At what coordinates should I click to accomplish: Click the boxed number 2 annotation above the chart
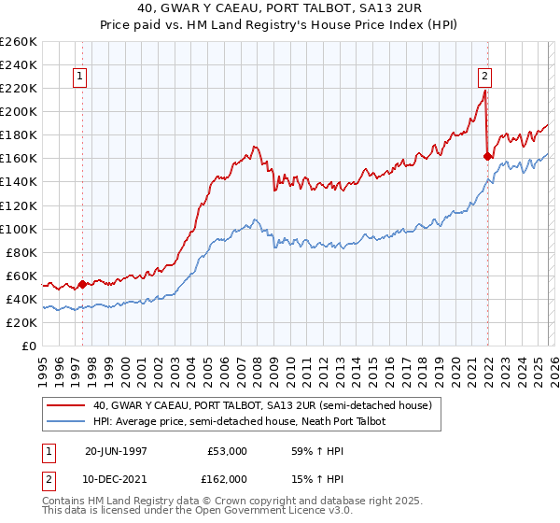point(485,78)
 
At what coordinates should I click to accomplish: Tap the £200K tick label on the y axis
point(19,111)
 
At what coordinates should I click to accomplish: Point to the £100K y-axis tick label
point(19,229)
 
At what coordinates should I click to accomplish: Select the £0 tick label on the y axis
point(29,346)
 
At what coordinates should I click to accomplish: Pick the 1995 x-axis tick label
point(42,369)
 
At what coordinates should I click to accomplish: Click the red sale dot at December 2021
point(487,156)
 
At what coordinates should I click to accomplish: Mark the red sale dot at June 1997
point(82,284)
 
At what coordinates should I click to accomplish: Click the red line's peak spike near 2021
point(485,92)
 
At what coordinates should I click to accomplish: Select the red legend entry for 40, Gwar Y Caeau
point(261,406)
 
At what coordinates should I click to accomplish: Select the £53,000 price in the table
point(227,451)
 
